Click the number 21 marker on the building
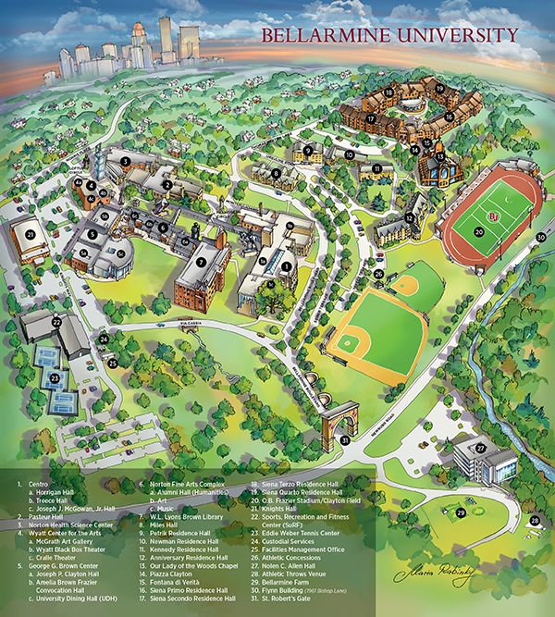click(x=31, y=236)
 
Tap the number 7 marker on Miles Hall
click(x=202, y=262)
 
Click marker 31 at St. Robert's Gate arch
click(x=345, y=440)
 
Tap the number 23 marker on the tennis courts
click(x=55, y=377)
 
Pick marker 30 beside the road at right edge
click(x=541, y=235)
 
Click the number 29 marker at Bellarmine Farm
click(x=460, y=512)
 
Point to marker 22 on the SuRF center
click(x=56, y=322)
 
